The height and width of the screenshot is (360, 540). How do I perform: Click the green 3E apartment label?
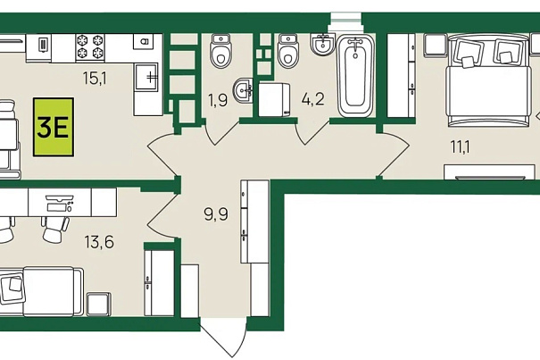[54, 127]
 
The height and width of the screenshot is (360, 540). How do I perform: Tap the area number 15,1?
[95, 79]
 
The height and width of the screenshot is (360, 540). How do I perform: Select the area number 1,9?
[218, 101]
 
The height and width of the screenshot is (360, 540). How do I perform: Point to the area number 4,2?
[312, 100]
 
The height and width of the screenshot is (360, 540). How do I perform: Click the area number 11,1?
[461, 147]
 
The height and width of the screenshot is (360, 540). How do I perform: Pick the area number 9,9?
[216, 214]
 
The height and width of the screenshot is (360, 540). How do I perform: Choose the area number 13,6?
[99, 242]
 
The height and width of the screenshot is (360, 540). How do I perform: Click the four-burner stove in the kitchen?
[90, 47]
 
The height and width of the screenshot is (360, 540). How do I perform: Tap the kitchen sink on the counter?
[146, 77]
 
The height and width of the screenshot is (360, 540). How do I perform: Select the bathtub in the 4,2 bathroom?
[355, 76]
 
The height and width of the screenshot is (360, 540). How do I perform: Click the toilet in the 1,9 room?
[220, 51]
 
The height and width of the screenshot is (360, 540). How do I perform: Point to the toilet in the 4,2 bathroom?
[288, 51]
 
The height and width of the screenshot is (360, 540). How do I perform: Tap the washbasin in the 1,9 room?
[244, 91]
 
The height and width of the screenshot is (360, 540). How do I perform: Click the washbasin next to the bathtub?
[322, 44]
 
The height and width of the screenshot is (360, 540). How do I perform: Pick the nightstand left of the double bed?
[435, 45]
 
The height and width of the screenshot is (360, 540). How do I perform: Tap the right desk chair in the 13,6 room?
[55, 230]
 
